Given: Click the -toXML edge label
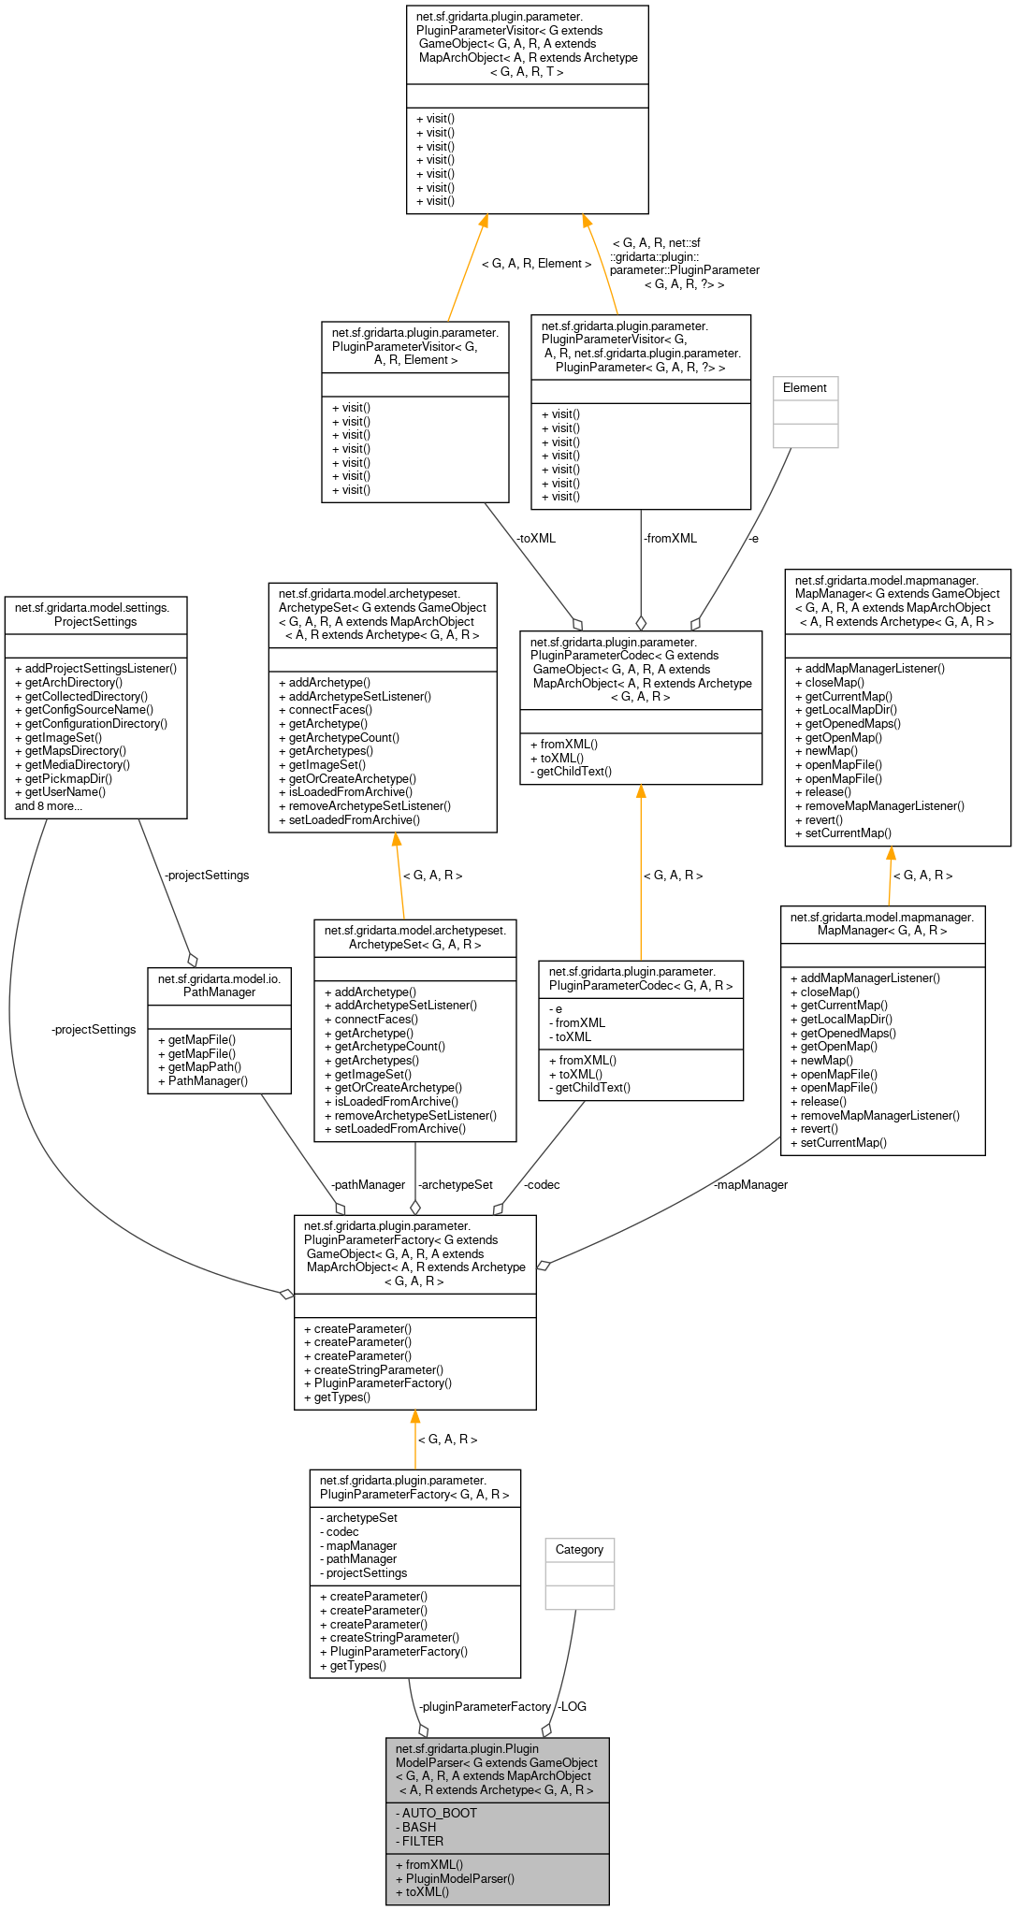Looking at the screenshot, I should (x=535, y=539).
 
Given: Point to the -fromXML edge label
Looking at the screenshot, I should (x=670, y=539).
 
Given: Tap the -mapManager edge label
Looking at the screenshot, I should (x=750, y=1185).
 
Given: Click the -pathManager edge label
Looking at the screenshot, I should (x=368, y=1185).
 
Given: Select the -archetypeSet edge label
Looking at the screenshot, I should (x=455, y=1185).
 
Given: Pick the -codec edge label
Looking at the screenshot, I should (x=542, y=1185).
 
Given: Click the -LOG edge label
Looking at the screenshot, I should (x=572, y=1707).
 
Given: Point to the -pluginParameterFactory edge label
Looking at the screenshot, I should (x=485, y=1707).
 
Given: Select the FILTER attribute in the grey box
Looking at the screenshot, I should (x=422, y=1841).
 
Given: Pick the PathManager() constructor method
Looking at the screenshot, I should (x=208, y=1081).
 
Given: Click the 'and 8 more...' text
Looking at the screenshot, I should (x=49, y=806).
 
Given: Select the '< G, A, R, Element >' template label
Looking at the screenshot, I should (x=536, y=264).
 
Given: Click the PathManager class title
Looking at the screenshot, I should (x=219, y=985).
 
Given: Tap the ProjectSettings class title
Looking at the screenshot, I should (x=94, y=615).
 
